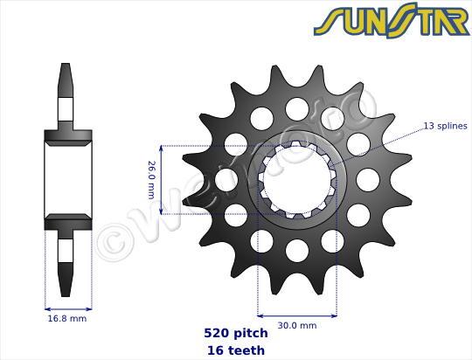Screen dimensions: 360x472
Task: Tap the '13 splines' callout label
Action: tap(446, 127)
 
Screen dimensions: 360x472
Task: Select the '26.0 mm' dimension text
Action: tap(150, 179)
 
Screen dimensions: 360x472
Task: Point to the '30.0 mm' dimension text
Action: tap(296, 325)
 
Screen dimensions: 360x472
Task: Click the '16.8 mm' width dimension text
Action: tap(67, 318)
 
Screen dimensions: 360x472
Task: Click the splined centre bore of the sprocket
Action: tap(296, 179)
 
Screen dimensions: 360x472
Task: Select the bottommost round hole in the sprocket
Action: tap(296, 251)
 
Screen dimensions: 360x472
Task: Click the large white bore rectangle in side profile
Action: tap(67, 179)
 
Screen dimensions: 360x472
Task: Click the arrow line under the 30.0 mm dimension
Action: tap(296, 315)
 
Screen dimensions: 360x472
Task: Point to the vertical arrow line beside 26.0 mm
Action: tap(161, 179)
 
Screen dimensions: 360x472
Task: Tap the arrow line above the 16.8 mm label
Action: tap(67, 308)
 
